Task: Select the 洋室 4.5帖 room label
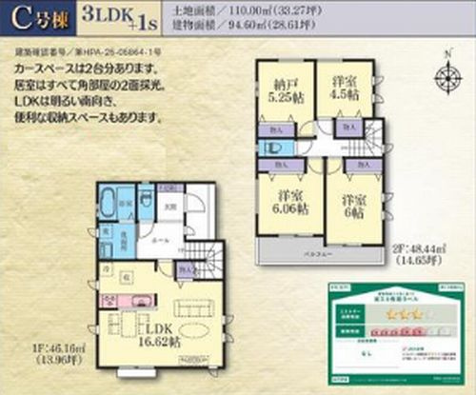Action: [x=343, y=87]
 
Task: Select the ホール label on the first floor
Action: [x=159, y=241]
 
